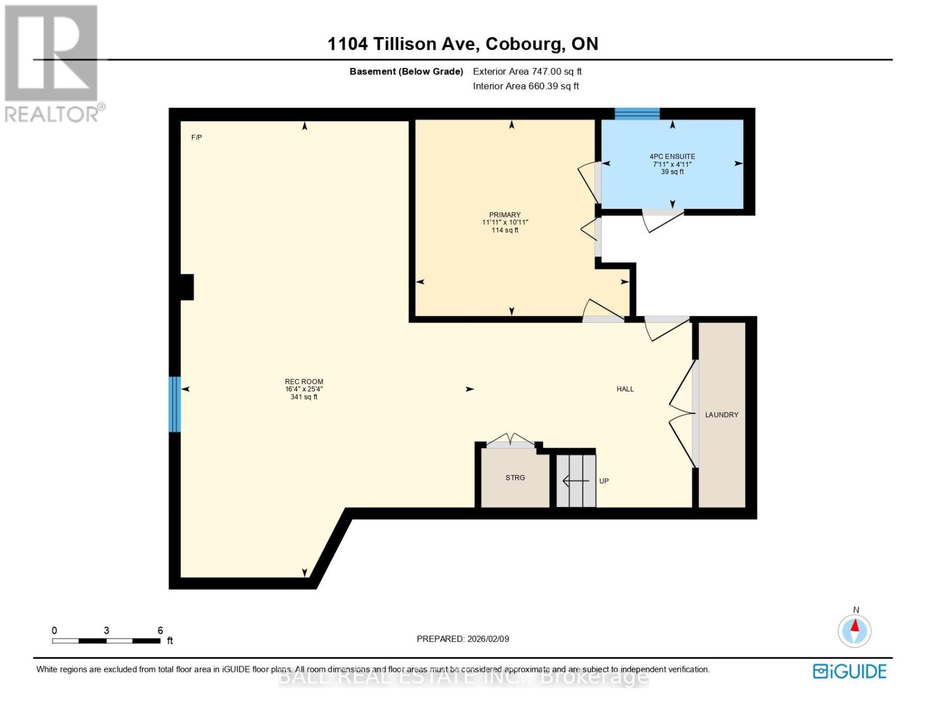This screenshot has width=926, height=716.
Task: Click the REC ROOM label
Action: tap(303, 382)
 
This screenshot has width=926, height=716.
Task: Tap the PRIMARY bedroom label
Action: tap(504, 215)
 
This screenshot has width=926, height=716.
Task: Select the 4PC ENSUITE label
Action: tap(672, 157)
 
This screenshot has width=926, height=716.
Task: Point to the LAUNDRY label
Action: tap(721, 415)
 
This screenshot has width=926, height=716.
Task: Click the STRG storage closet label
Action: tap(515, 478)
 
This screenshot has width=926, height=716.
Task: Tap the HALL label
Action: tap(625, 389)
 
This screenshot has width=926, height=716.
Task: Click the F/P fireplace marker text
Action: tap(196, 138)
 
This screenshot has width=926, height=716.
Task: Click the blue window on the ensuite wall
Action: tap(637, 114)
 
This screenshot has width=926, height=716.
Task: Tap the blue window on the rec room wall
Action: tap(174, 404)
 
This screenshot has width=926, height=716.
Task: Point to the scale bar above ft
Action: tap(106, 641)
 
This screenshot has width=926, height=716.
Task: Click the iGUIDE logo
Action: tap(849, 671)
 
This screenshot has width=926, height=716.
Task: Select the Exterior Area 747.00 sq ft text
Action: tap(527, 72)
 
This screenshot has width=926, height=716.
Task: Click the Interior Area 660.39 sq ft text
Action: tap(526, 86)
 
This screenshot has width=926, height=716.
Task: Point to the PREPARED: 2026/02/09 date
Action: tap(463, 639)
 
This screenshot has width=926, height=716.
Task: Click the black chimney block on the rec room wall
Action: tap(187, 287)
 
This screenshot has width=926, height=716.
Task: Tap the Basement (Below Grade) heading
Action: tap(406, 72)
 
